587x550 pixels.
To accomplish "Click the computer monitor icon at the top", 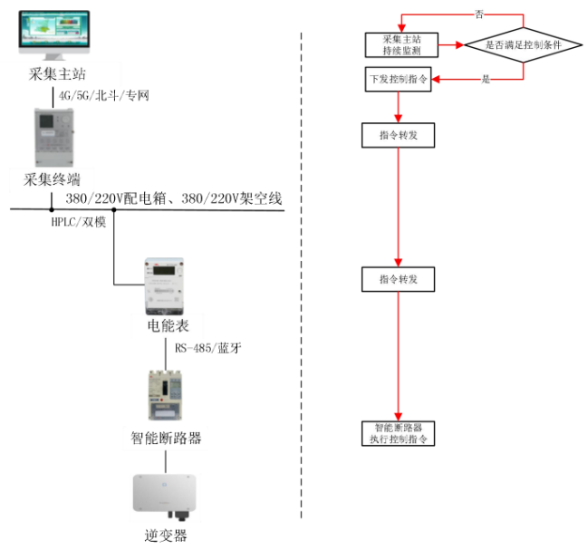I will point(53,34).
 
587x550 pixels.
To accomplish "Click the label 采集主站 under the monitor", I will point(53,73).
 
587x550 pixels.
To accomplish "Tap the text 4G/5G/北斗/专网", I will point(103,94).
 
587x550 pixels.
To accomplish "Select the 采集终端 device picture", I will point(53,136).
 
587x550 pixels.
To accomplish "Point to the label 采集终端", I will point(53,179).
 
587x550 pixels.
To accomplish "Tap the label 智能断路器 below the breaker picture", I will point(165,439).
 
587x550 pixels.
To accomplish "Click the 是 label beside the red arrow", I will point(486,80).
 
